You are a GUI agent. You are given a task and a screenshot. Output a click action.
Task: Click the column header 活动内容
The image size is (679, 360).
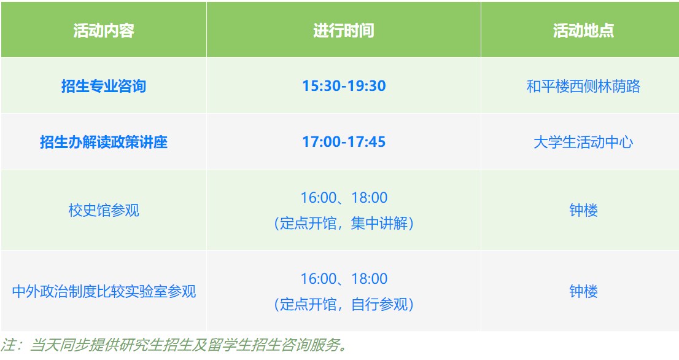[x=104, y=30]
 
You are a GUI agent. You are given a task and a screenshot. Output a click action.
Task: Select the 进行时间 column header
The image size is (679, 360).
[x=343, y=30]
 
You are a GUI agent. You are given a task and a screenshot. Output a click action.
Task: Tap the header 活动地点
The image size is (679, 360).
[x=583, y=30]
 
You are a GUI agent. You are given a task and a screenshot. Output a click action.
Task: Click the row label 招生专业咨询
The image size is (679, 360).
[x=104, y=86]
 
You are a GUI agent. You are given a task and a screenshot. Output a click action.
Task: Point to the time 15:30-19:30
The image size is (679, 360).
[x=344, y=86]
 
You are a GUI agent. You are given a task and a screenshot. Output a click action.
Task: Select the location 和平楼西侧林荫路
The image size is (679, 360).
[x=583, y=86]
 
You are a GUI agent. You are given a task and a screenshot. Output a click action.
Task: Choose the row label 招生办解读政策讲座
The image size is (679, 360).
[x=104, y=142]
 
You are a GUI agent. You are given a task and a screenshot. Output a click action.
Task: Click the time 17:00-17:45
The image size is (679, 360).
[x=344, y=142]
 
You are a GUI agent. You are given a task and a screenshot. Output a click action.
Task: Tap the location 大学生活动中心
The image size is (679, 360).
[x=583, y=142]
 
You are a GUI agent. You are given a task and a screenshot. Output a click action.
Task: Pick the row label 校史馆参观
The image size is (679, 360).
[x=104, y=210]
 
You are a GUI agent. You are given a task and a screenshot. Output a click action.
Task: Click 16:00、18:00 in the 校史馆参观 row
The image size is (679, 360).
[x=344, y=198]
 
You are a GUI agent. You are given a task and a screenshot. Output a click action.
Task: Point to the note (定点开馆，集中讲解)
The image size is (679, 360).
[x=344, y=223]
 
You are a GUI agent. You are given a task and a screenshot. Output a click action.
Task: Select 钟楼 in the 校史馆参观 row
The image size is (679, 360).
[x=583, y=210]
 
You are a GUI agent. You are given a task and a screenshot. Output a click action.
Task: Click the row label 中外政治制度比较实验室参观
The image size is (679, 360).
[x=104, y=291]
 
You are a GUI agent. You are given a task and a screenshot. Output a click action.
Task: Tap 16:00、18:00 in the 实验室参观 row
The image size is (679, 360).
[x=344, y=278]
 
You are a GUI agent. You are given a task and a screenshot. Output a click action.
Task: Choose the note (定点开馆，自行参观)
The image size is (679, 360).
[x=344, y=304]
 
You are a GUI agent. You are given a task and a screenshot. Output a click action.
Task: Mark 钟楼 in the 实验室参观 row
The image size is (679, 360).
[x=583, y=291]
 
